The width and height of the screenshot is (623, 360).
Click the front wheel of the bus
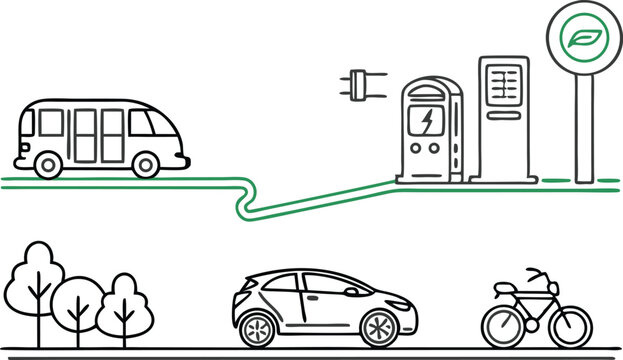(148, 162)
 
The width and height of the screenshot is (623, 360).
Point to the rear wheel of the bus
(47, 163)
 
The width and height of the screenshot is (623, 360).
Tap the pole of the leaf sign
(583, 125)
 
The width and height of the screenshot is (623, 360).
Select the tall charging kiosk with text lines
(504, 115)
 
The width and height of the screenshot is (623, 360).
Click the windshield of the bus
(143, 123)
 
